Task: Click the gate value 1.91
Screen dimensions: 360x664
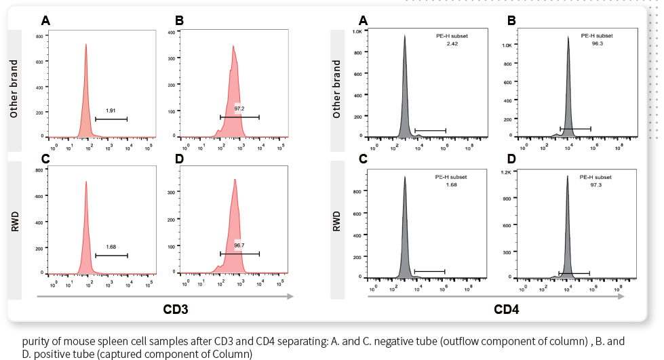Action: click(111, 109)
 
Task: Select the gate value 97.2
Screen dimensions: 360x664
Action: click(239, 108)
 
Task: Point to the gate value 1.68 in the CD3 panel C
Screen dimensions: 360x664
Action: click(111, 246)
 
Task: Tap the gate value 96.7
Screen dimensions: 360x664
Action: click(239, 245)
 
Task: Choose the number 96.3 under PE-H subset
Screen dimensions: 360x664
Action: click(597, 43)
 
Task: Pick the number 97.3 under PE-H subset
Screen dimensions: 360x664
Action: click(597, 184)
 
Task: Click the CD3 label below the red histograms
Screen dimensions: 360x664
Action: click(176, 310)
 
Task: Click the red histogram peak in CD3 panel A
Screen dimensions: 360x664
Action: click(86, 46)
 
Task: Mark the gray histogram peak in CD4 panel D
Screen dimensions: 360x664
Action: click(567, 178)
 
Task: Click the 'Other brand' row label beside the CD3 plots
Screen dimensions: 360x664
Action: click(14, 89)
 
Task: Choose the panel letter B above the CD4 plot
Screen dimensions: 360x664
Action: click(511, 21)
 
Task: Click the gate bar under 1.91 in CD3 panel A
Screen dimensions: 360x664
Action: click(111, 119)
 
